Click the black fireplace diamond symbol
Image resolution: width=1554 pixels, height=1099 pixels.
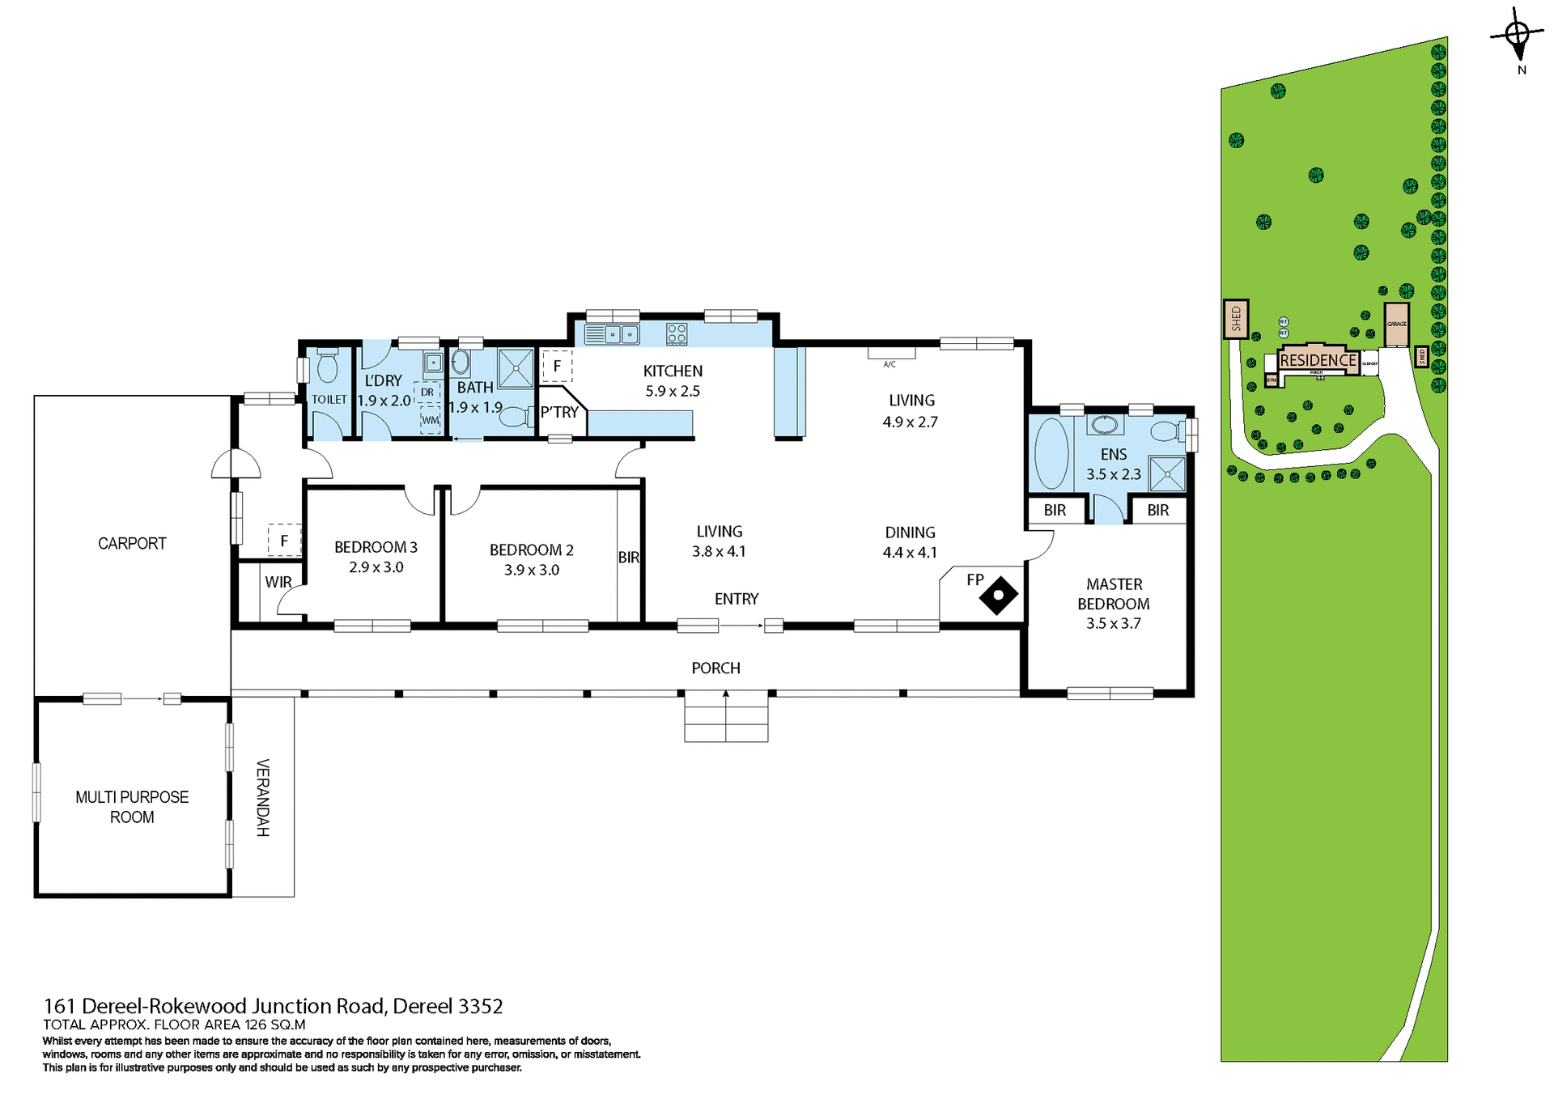point(999,595)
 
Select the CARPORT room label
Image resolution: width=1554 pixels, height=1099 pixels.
point(132,544)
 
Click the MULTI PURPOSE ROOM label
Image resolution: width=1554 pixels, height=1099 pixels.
point(132,807)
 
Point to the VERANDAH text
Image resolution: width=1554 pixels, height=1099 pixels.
point(262,797)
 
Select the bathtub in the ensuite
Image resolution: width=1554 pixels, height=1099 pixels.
point(1051,452)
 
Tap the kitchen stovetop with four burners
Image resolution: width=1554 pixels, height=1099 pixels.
point(677,333)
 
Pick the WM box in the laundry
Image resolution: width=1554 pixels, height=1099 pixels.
point(430,420)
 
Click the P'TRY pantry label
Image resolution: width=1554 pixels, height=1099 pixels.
point(559,413)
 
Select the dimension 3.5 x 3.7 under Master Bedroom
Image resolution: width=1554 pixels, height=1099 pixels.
point(1113,623)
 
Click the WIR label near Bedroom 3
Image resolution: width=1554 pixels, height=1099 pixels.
point(278,582)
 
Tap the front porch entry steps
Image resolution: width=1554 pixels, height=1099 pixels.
point(726,717)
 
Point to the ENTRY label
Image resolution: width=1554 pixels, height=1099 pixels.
point(736,599)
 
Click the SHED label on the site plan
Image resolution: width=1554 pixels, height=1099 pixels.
point(1236,319)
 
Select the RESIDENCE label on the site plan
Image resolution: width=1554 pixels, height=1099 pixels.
point(1318,360)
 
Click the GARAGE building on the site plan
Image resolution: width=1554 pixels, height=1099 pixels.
point(1396,325)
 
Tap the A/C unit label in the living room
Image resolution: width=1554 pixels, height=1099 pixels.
point(890,364)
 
